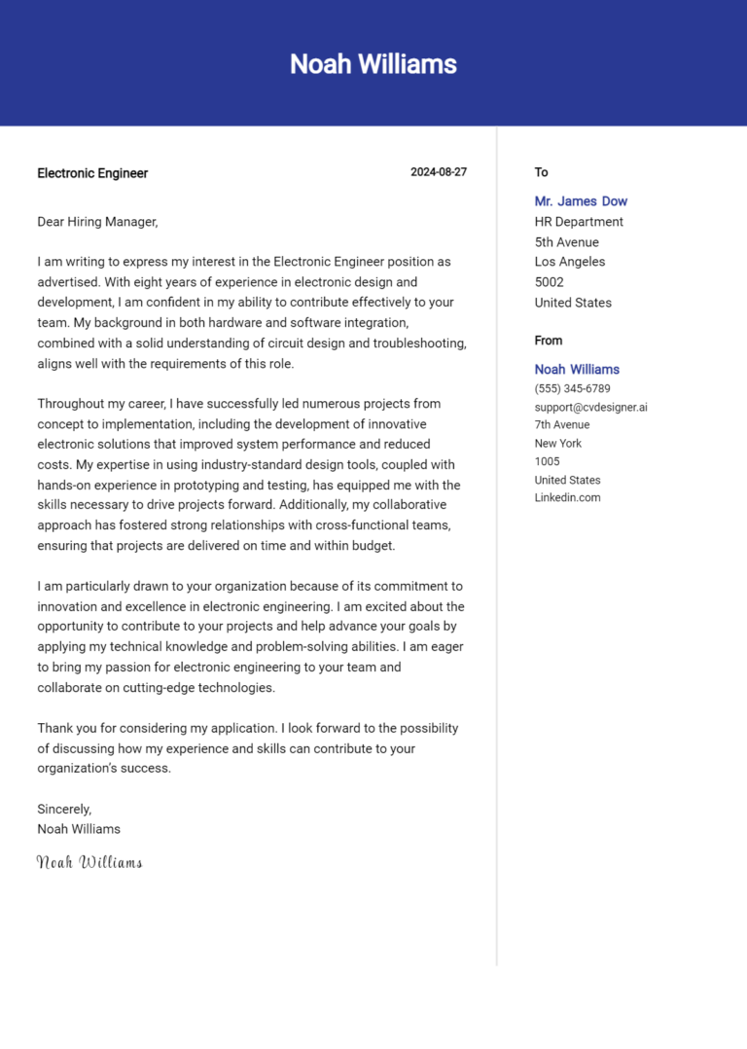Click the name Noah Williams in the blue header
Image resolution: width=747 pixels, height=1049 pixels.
point(373,64)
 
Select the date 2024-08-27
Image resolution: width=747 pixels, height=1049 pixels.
point(439,172)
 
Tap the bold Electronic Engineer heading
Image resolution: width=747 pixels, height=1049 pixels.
point(92,173)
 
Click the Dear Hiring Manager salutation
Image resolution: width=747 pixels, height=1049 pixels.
point(97,222)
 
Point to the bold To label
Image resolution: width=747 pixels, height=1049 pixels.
point(541,172)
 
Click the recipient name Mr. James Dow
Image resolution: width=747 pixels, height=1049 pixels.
point(581,201)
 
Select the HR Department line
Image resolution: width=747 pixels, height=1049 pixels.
point(579,222)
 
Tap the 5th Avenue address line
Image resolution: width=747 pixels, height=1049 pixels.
point(567,242)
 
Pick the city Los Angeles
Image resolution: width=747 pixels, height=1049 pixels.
point(570,262)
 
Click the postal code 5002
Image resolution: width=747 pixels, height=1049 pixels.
point(551,282)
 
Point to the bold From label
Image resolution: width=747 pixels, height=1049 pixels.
point(549,341)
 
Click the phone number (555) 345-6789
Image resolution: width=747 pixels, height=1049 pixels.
point(573,388)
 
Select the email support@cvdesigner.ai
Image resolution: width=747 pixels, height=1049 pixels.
point(590,407)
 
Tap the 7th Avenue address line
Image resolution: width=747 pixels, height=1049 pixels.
point(562,424)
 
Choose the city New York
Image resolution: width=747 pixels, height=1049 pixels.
point(558,443)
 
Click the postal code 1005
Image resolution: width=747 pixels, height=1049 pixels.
point(548,461)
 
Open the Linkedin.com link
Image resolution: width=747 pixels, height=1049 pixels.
point(567,497)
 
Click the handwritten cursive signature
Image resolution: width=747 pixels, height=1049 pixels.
point(89,862)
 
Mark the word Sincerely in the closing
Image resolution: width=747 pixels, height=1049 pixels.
point(64,809)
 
